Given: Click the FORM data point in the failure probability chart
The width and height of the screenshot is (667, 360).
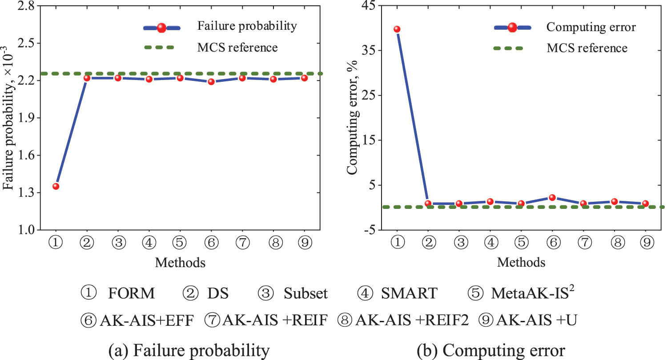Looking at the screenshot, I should [56, 186].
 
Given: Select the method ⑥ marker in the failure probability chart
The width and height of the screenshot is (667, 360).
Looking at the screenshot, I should [211, 82].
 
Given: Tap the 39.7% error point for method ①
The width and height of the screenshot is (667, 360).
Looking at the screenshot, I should [397, 29].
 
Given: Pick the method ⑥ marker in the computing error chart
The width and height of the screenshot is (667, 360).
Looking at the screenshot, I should [552, 197].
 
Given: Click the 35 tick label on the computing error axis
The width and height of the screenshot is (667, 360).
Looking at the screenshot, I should [369, 50].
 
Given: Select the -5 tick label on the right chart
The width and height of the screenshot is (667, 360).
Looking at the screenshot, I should [369, 230].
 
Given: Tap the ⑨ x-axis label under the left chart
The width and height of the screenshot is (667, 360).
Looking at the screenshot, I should [305, 243].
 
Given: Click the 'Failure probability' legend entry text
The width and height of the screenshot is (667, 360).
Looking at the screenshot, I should [247, 26].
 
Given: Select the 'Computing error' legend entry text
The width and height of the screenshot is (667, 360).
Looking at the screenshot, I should [591, 27].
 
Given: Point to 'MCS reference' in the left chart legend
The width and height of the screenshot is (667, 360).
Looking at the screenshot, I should [237, 47].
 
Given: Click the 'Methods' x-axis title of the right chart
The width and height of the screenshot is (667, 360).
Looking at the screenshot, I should [521, 262].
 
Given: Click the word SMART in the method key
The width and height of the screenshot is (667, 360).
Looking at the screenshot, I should [409, 293].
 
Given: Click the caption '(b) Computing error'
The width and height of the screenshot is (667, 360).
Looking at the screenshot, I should [491, 351].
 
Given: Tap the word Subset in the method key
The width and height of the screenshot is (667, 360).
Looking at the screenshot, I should [306, 293].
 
